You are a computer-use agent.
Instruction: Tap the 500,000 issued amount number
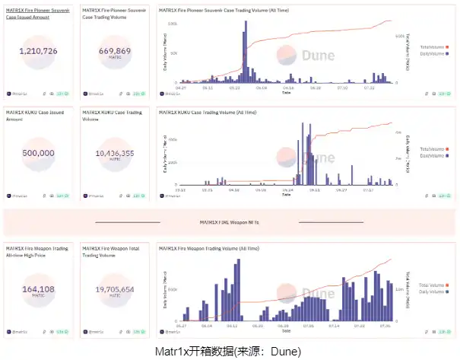tap(39, 153)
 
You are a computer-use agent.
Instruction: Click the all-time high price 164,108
tap(39, 288)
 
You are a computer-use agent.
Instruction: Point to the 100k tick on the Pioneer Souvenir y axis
tap(173, 24)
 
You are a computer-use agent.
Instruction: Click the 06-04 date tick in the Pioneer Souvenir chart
tap(262, 87)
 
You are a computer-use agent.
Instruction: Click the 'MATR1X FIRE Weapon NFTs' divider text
tap(229, 223)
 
